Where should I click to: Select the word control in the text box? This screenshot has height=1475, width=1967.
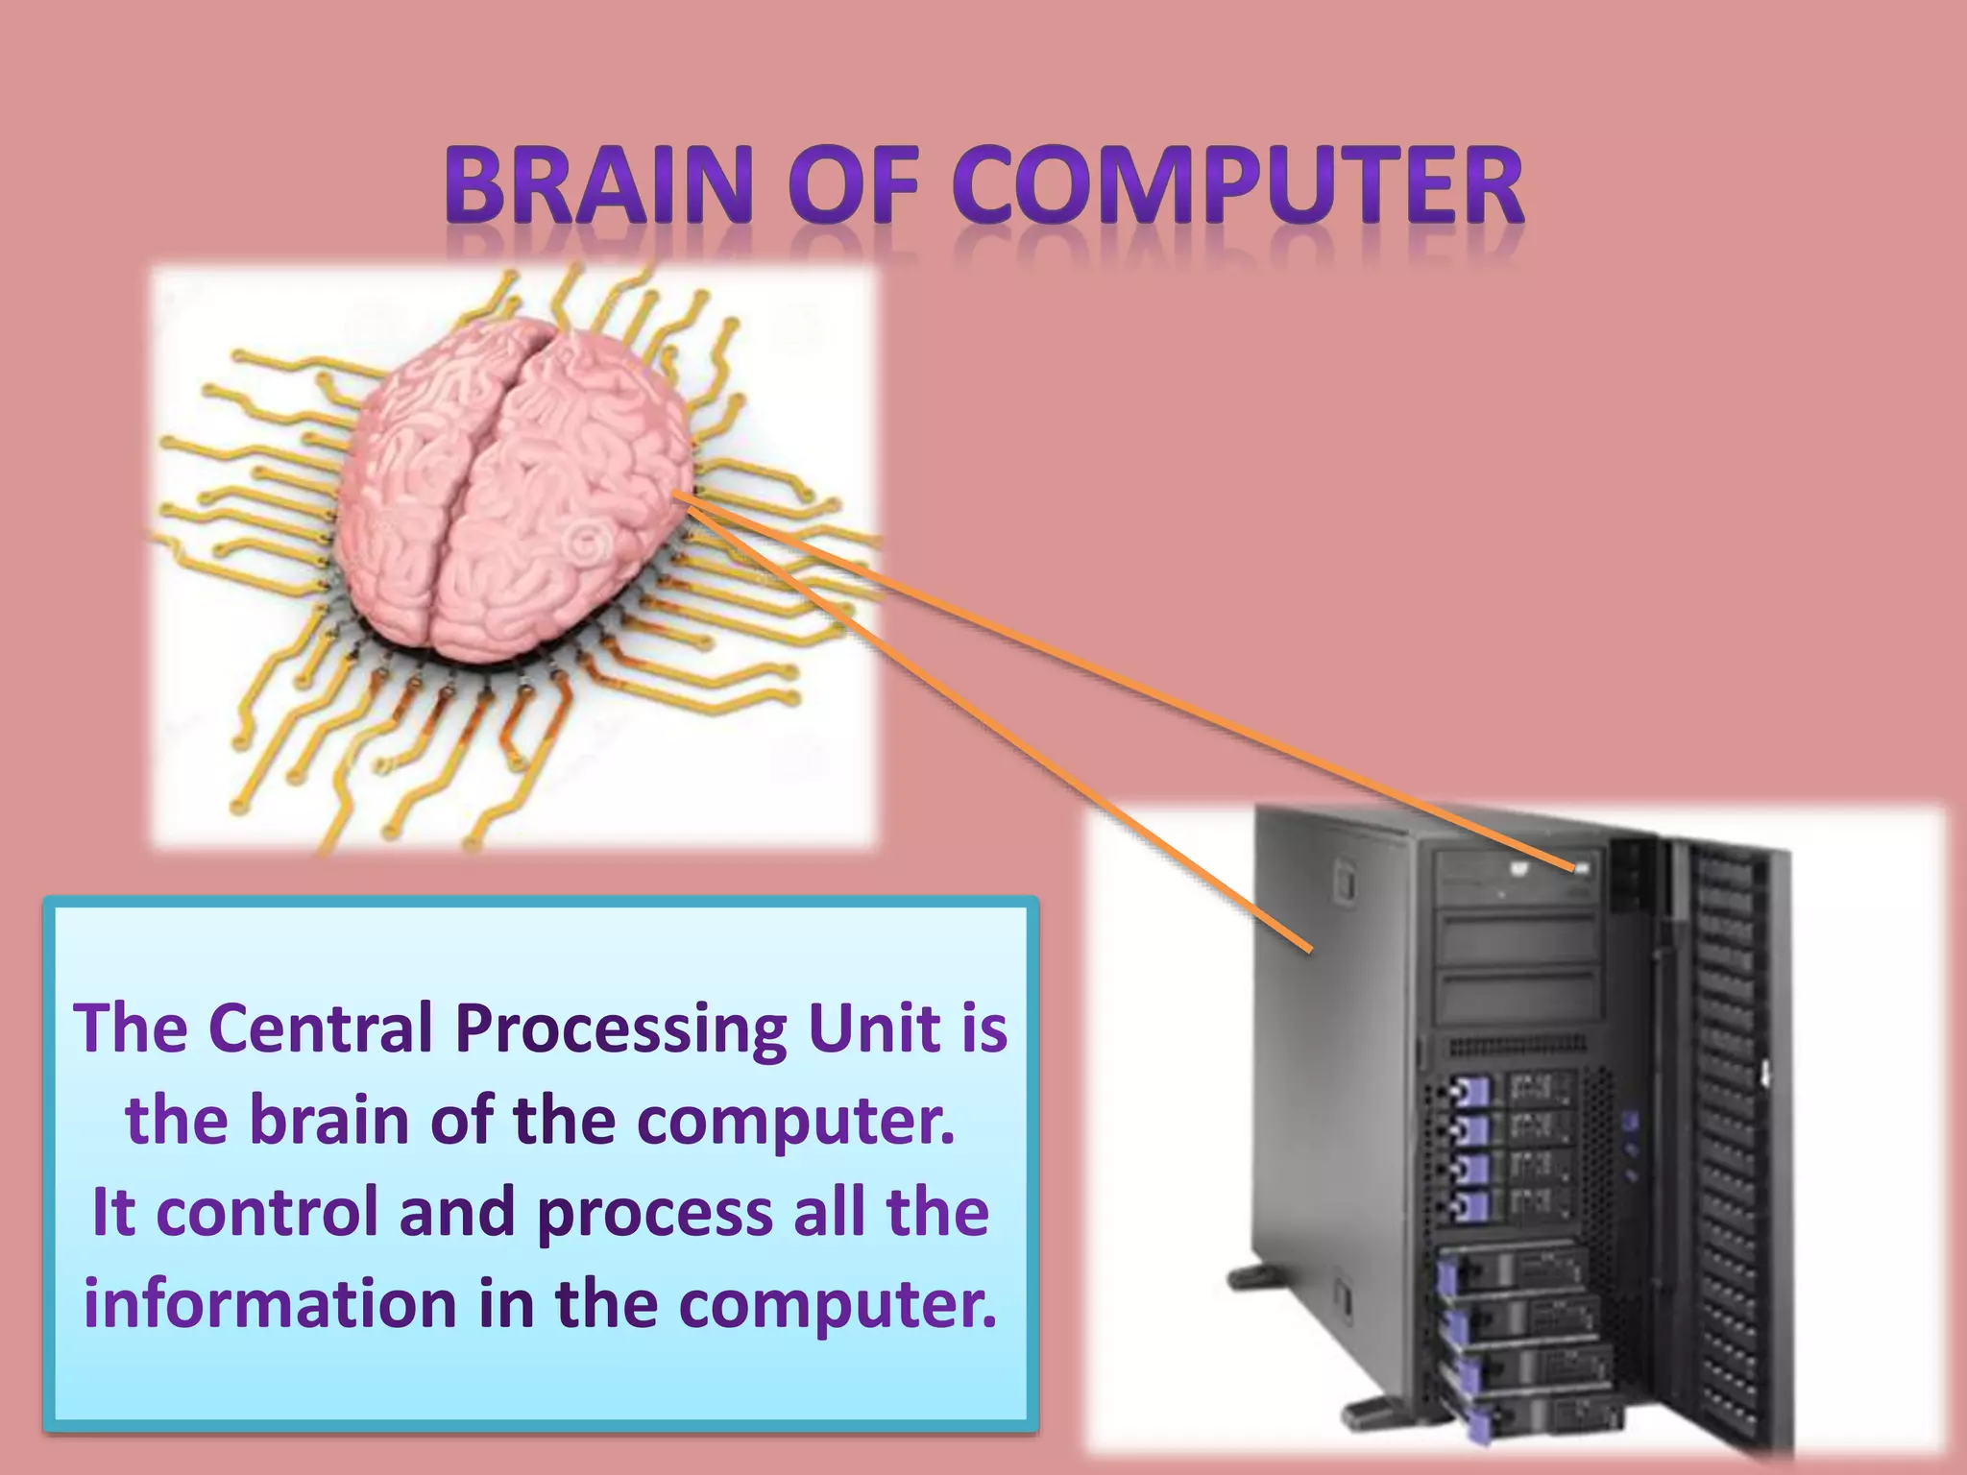pos(266,1212)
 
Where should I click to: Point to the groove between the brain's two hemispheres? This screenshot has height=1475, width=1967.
pos(485,480)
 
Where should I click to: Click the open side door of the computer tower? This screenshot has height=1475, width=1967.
pos(1729,1133)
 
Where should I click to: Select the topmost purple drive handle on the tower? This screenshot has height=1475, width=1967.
pos(1469,1093)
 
